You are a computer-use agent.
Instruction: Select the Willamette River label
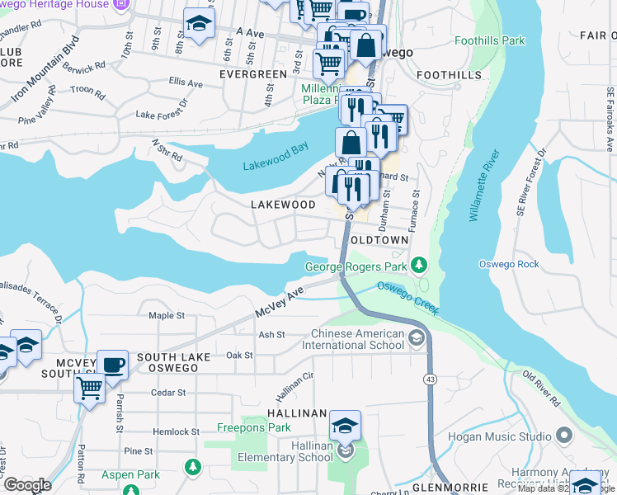point(483,186)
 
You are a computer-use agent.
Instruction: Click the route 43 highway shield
point(430,379)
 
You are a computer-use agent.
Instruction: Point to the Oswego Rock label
point(509,264)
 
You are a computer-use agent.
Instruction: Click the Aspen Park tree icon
point(193,467)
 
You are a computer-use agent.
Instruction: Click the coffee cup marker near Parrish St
point(112,364)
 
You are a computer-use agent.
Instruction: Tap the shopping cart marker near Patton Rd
point(89,386)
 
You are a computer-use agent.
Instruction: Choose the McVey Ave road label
point(280,302)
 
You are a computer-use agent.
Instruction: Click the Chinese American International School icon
point(417,337)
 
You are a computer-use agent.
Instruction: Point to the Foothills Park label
point(489,40)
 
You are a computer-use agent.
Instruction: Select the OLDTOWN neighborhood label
point(379,239)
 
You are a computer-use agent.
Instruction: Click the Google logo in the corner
point(27,485)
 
